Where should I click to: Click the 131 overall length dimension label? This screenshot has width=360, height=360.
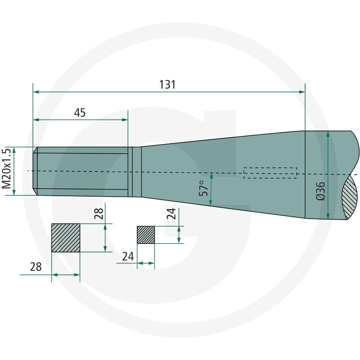point(167,85)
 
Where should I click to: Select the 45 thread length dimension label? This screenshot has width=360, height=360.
point(80,112)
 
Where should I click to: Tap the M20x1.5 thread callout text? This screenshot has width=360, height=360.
point(6,168)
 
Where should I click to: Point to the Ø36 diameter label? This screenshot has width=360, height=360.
point(321,191)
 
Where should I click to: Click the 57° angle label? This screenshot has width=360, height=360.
point(204,188)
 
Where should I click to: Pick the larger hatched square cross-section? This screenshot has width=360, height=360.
point(66,238)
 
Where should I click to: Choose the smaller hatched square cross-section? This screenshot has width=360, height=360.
point(146,235)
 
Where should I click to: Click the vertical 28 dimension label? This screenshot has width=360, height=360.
point(99,213)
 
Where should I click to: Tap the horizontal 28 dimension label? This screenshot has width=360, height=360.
point(36,267)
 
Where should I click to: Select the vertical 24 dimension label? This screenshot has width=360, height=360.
point(171,213)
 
